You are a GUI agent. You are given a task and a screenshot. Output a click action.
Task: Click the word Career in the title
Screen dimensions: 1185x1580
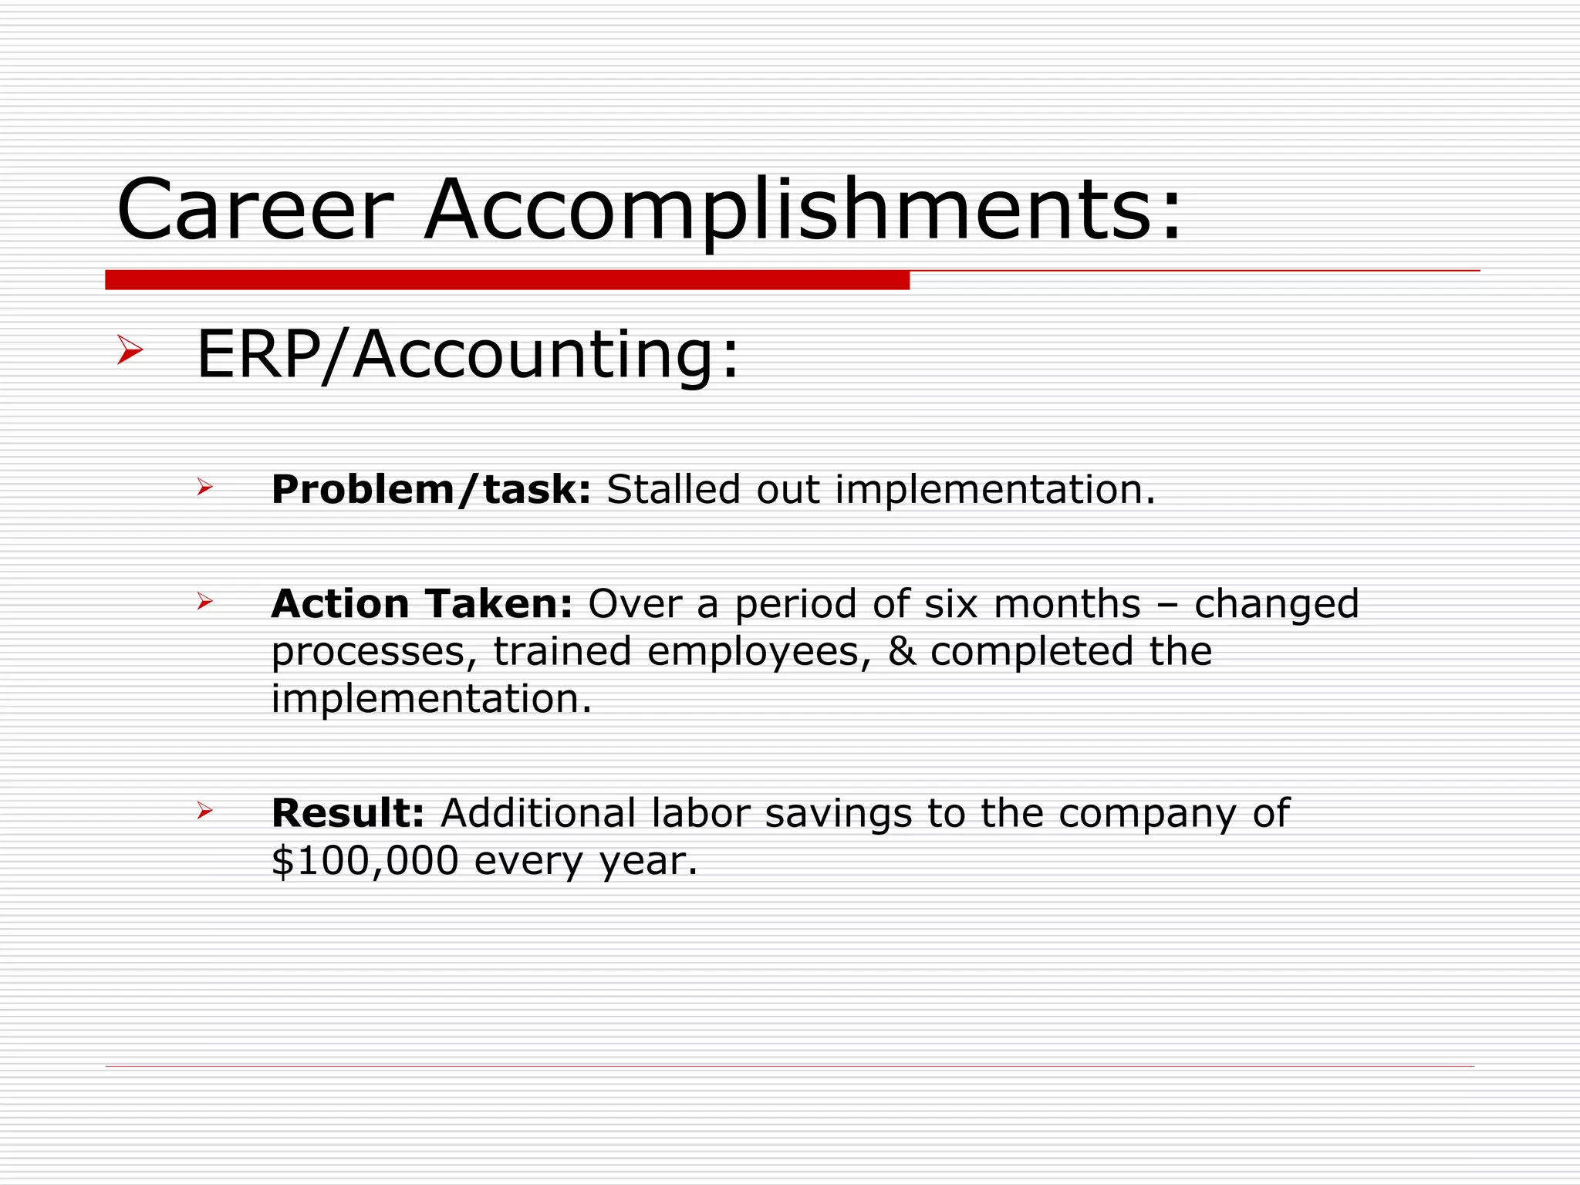[x=255, y=210]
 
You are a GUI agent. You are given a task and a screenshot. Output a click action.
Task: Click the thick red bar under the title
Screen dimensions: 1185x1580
[x=507, y=280]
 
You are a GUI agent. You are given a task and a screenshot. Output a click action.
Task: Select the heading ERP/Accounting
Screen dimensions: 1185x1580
[x=468, y=355]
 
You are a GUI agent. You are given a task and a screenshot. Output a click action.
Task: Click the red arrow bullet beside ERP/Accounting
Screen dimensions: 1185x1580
[x=130, y=350]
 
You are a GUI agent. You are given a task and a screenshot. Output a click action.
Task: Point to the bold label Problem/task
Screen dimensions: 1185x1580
[x=430, y=490]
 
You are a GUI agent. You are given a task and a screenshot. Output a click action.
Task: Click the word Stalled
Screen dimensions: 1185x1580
[x=673, y=490]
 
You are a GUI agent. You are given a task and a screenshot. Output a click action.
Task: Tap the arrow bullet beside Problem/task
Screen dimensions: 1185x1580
[x=204, y=487]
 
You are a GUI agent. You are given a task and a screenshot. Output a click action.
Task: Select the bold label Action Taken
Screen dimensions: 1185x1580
[x=421, y=603]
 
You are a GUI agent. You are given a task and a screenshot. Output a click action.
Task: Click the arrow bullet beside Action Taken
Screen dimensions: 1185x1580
[x=204, y=600]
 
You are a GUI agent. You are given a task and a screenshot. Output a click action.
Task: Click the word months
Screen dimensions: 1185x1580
[x=1066, y=603]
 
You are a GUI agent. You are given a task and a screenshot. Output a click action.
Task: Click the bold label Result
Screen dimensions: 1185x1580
[x=347, y=813]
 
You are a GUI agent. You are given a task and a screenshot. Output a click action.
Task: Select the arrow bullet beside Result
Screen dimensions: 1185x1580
[x=204, y=810]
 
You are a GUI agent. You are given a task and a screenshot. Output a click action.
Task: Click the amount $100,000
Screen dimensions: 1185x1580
[x=365, y=861]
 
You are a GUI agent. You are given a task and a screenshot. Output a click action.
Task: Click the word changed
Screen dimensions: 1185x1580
[x=1276, y=605]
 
